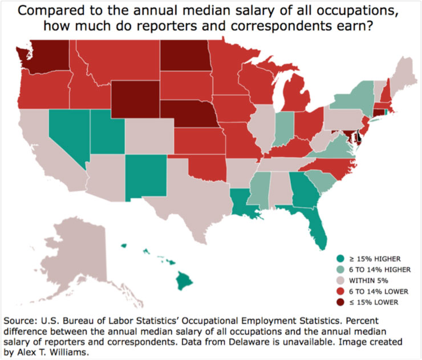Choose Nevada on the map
coord(68,134)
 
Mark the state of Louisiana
coord(248,208)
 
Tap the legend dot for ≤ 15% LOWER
coord(341,302)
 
